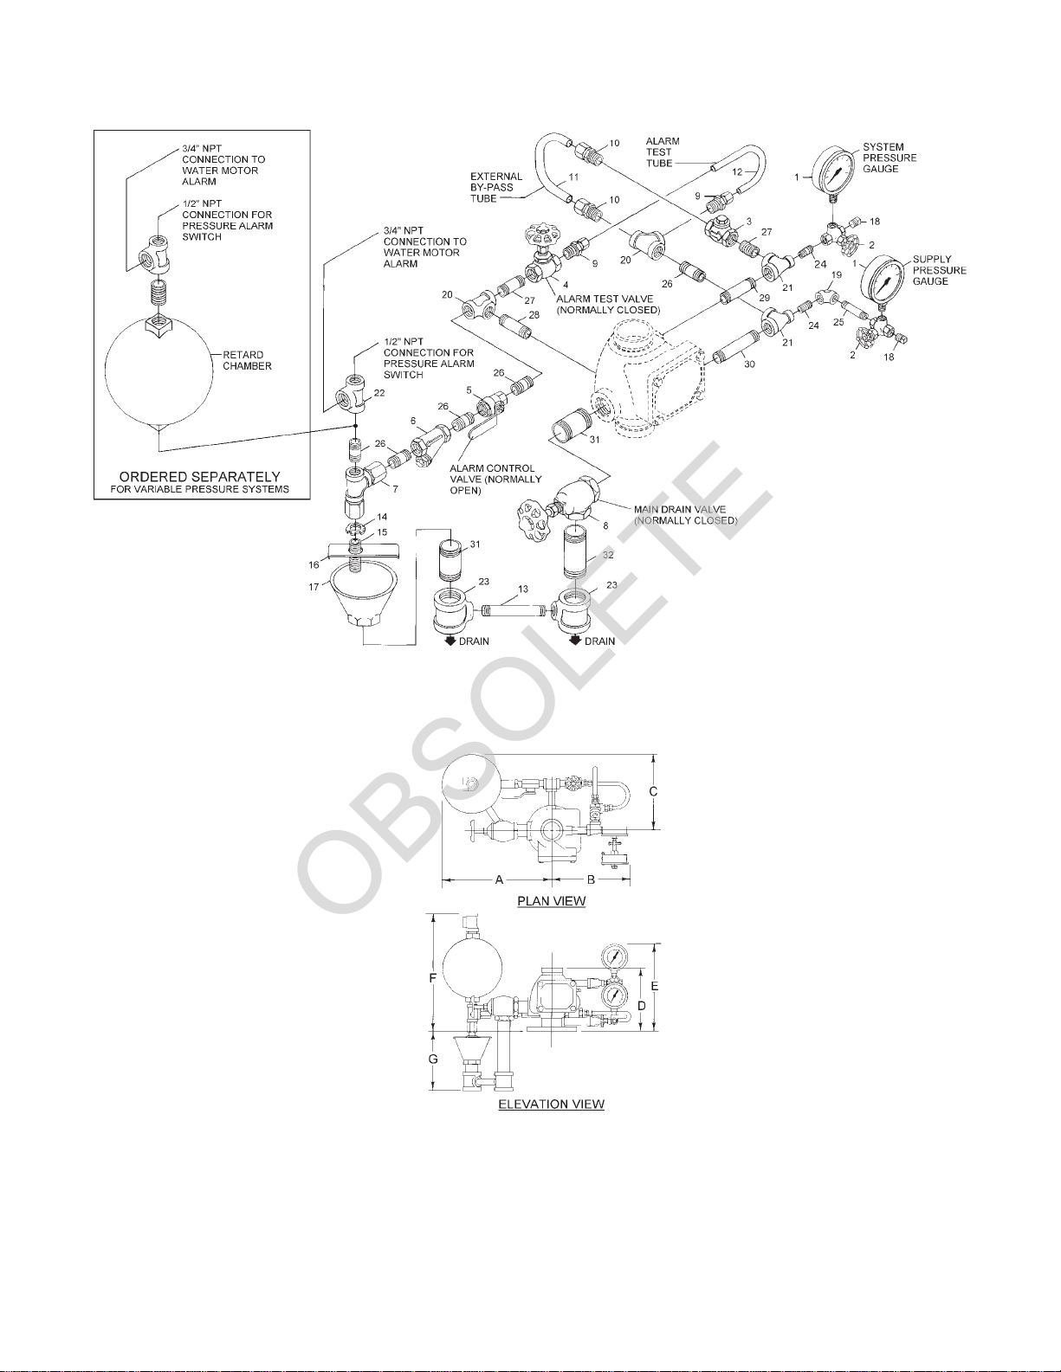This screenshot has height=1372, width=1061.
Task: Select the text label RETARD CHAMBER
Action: coord(247,360)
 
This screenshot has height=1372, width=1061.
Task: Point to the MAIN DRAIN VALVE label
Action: coord(684,515)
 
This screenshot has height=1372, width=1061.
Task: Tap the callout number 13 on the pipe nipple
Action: coord(521,589)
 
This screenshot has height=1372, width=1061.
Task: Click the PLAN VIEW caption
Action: coord(551,901)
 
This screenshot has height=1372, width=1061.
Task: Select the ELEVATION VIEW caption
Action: coord(551,1105)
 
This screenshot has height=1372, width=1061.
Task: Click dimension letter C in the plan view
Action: coord(654,791)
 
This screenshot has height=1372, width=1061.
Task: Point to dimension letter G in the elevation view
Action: coord(434,1060)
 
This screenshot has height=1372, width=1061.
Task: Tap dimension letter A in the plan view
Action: coord(499,879)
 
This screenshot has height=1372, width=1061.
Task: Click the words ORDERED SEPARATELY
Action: coord(199,476)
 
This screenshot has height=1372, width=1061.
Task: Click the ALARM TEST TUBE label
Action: coord(662,151)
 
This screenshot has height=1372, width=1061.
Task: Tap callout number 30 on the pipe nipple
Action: coord(749,364)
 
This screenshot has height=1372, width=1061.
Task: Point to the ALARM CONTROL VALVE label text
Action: coord(495,479)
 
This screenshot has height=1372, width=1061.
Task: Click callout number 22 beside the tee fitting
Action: coord(378,393)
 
